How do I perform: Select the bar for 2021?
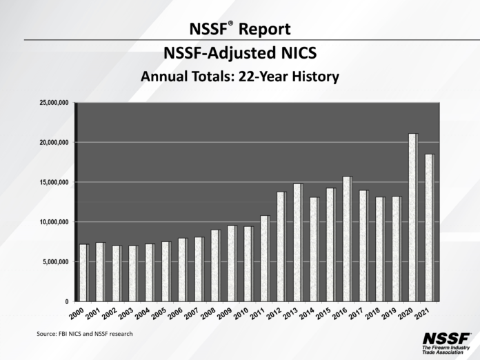[x=429, y=228]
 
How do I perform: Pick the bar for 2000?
[x=83, y=272]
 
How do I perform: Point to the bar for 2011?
[x=264, y=259]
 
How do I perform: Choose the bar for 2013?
[x=297, y=243]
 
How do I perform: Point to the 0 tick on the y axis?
[x=67, y=302]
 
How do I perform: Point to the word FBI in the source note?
[x=66, y=334]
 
